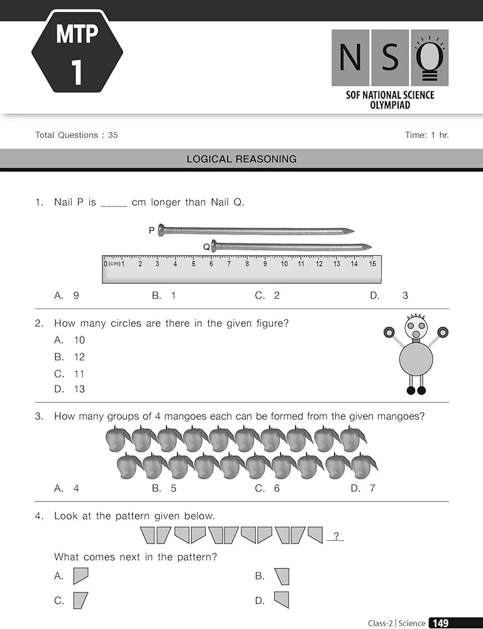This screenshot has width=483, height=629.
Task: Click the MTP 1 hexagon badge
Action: click(77, 52)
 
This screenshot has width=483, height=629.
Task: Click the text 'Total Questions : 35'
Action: click(77, 135)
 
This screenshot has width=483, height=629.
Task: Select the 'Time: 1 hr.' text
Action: click(427, 135)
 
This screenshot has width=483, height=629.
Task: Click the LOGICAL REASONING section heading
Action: click(241, 159)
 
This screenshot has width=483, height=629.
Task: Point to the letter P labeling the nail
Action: click(152, 231)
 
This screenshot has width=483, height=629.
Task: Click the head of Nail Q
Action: click(214, 246)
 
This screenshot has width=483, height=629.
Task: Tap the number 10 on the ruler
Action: click(284, 264)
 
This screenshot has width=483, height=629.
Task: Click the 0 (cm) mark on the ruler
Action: click(106, 264)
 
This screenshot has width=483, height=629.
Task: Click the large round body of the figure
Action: click(416, 359)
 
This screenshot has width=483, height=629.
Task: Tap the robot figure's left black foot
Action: click(411, 391)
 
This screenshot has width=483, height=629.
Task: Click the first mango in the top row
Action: click(117, 438)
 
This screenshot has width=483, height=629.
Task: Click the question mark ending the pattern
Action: click(336, 537)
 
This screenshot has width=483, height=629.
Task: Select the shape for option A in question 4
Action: click(80, 576)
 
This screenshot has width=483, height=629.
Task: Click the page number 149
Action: click(441, 623)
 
